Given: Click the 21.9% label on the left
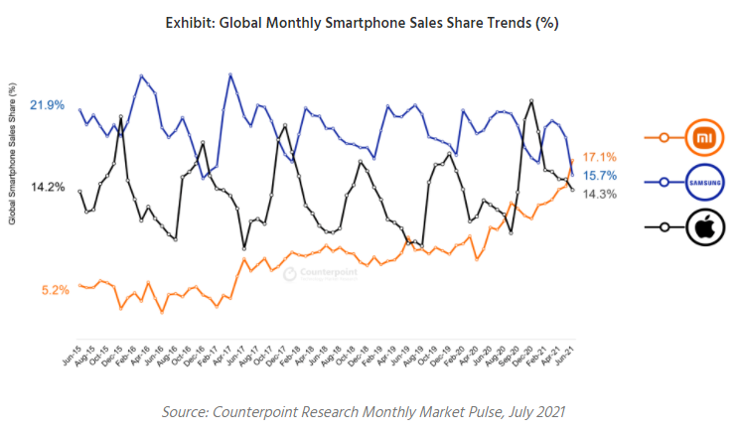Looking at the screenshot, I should click(48, 104).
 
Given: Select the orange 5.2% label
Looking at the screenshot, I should click(55, 290).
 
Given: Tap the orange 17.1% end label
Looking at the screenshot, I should click(600, 157).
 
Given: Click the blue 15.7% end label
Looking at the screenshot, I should click(600, 176).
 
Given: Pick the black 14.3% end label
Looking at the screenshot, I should click(600, 195).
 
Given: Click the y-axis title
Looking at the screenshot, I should click(12, 154).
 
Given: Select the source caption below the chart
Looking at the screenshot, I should click(371, 411).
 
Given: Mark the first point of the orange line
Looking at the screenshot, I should click(80, 284).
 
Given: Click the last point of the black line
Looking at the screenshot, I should click(572, 190).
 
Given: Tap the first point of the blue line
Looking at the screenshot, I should click(80, 110).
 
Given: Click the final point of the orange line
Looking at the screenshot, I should click(572, 161).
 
